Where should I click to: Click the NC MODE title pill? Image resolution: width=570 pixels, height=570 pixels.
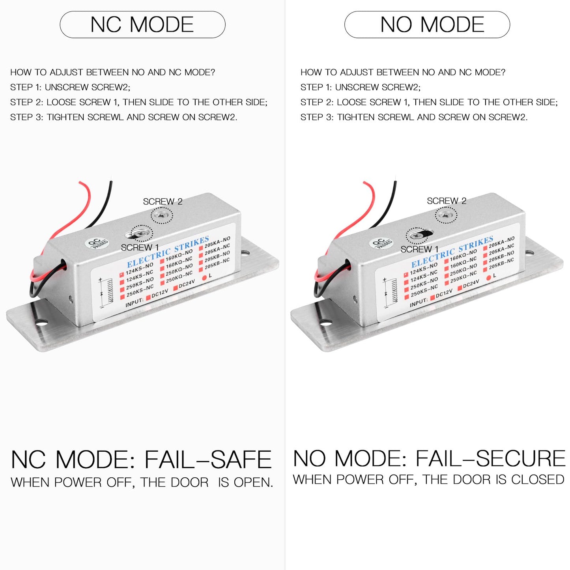point(142,24)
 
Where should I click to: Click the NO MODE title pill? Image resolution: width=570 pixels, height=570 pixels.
point(427,24)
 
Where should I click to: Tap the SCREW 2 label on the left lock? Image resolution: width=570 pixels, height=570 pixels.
point(163,202)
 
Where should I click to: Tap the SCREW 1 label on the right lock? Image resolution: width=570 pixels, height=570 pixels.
point(419,249)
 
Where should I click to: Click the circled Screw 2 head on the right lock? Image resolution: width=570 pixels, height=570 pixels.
point(446,215)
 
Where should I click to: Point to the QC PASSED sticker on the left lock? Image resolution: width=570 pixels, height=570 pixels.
point(96,243)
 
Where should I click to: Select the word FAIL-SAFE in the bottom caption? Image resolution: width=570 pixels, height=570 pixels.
point(208,460)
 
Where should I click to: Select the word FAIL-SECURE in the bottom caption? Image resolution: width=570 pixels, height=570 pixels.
point(490,458)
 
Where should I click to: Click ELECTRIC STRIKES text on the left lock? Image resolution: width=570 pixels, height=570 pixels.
point(168,252)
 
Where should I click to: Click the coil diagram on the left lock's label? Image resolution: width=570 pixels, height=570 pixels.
point(106,293)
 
